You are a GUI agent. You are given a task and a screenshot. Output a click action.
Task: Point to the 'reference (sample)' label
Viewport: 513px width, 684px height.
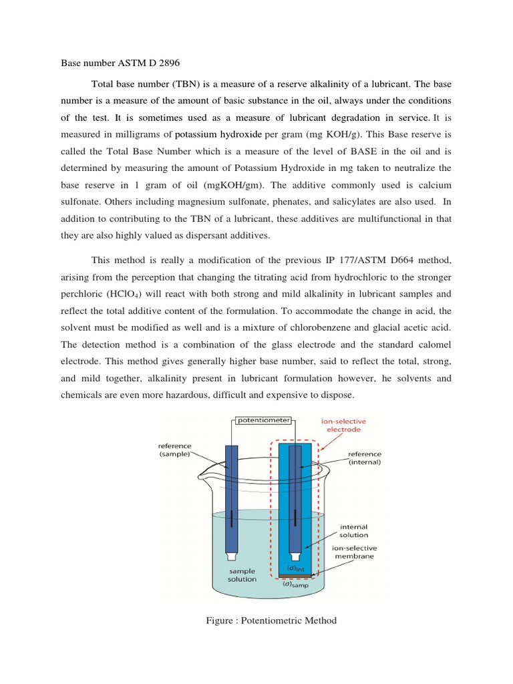tap(174, 450)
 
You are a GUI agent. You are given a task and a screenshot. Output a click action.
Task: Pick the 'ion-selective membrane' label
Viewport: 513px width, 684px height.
tap(353, 552)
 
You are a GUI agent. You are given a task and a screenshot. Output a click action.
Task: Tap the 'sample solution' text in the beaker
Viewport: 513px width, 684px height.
tap(242, 575)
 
